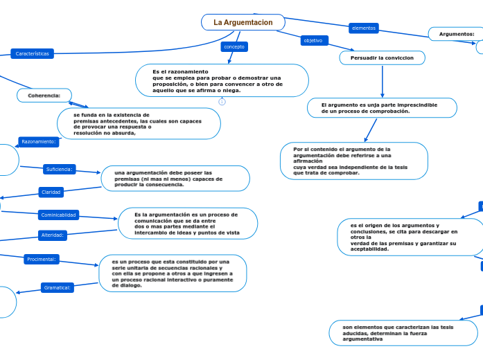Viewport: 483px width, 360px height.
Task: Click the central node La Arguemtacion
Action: [243, 22]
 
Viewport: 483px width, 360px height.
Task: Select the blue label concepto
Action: [234, 46]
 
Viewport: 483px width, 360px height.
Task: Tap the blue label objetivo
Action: [313, 40]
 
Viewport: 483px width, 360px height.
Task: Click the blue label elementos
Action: [363, 28]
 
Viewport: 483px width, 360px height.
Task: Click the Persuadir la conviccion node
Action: [382, 58]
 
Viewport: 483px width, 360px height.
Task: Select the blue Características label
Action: [33, 53]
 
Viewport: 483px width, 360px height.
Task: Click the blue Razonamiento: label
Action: [39, 141]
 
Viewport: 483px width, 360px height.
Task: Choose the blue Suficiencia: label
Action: [60, 169]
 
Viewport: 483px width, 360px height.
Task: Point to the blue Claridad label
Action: [51, 192]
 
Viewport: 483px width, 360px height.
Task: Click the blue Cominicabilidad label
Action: [58, 215]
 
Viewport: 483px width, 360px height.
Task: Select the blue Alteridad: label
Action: [53, 235]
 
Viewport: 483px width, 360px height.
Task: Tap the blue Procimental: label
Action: [41, 259]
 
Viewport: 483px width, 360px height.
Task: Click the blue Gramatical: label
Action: [58, 287]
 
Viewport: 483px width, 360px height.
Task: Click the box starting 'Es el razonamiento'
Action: [222, 80]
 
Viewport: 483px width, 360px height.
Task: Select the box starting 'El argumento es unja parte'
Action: [382, 107]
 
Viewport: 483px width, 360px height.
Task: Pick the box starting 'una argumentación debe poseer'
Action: [175, 178]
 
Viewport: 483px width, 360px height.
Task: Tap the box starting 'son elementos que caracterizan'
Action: [403, 332]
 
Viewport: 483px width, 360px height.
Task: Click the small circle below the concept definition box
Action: [222, 102]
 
